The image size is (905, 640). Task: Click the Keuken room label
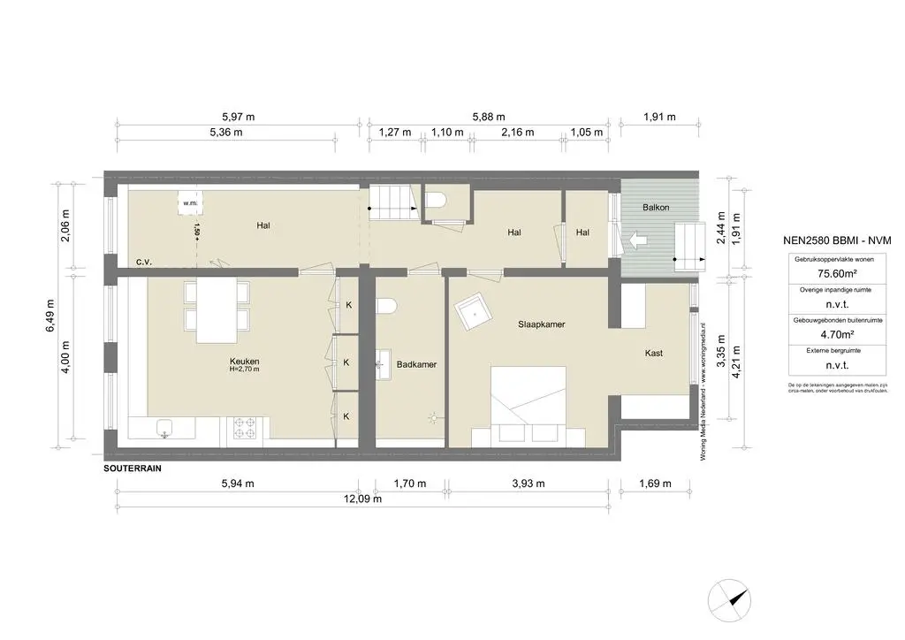[244, 362]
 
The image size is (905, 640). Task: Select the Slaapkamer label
[541, 324]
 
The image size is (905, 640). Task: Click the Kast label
[654, 354]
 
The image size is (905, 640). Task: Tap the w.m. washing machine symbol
[190, 203]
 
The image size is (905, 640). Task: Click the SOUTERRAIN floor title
[133, 468]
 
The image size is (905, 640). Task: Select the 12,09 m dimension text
[363, 499]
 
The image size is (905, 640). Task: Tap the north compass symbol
[734, 597]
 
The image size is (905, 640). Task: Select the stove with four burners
[245, 429]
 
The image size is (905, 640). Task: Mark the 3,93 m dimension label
[528, 484]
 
